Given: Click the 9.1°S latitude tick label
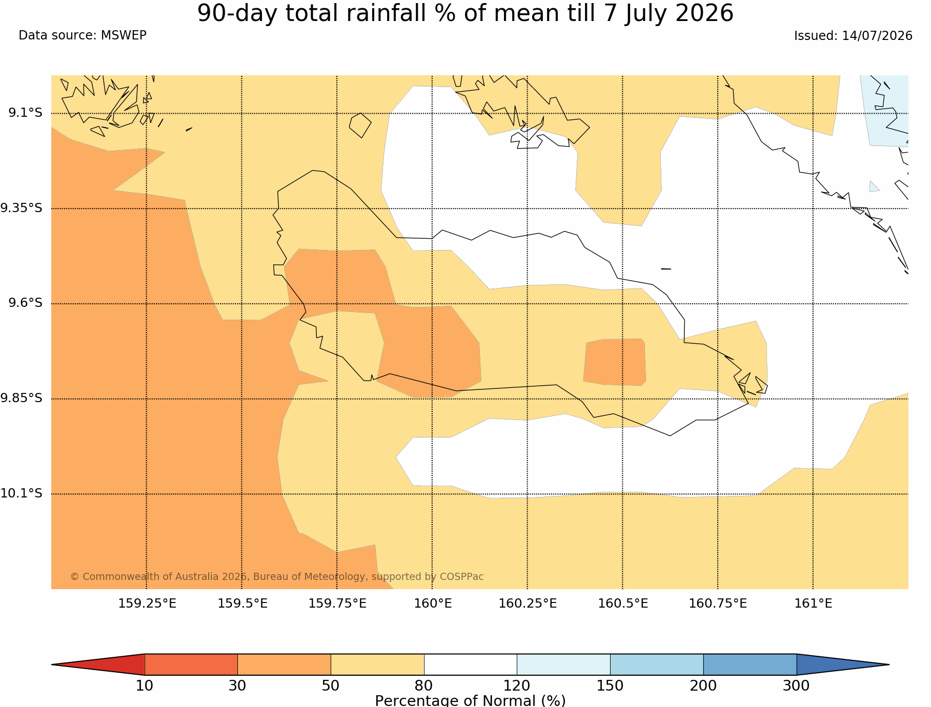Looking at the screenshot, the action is tap(25, 113).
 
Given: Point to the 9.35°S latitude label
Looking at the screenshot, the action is tap(21, 208).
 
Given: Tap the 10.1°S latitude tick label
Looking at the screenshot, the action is tap(21, 493).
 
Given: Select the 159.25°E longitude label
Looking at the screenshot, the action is tap(147, 604).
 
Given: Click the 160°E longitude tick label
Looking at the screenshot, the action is tap(433, 604).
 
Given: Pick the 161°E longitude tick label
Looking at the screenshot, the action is tap(813, 604).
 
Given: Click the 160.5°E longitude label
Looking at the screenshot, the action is tap(623, 604).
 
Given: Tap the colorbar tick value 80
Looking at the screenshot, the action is tap(424, 685).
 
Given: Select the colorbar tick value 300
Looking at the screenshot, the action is tap(796, 685).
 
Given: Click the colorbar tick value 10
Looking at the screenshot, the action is tap(145, 685).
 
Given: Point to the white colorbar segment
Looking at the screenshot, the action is tap(471, 664).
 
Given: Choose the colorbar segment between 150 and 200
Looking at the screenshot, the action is tap(657, 664).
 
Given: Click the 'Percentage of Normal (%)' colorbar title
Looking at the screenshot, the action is tap(470, 700).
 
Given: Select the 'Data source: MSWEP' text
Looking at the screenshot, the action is tap(83, 35).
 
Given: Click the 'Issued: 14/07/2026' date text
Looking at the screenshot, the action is tap(853, 36).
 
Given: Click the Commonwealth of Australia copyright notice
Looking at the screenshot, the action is tap(277, 576).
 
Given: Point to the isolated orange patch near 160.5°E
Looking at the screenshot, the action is tap(614, 362).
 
